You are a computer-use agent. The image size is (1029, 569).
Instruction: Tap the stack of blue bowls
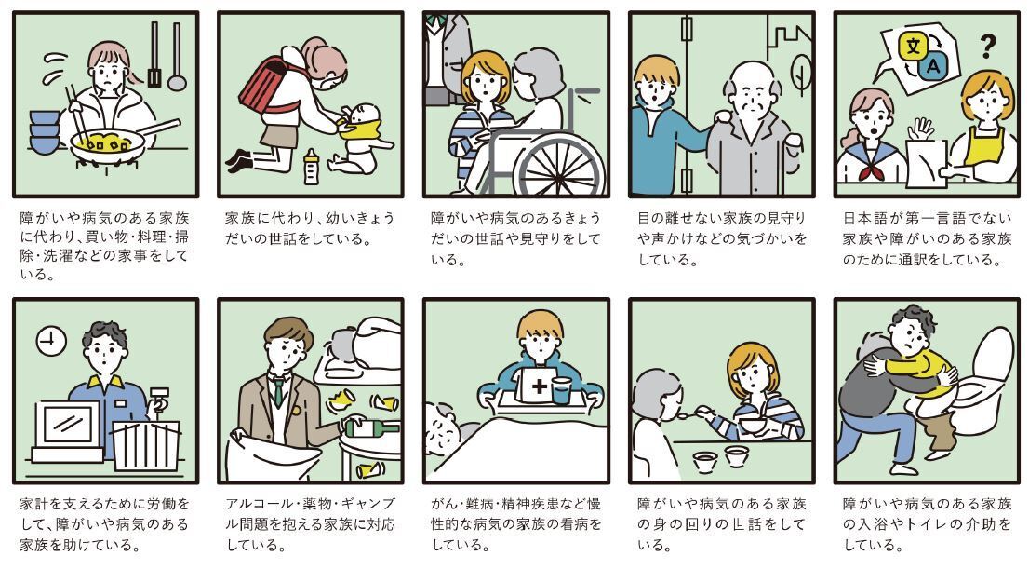[44, 132]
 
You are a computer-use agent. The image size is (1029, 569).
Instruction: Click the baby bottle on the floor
[312, 167]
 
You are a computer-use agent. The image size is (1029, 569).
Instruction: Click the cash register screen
[68, 424]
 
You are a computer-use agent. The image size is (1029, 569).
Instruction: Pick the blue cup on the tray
[561, 392]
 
